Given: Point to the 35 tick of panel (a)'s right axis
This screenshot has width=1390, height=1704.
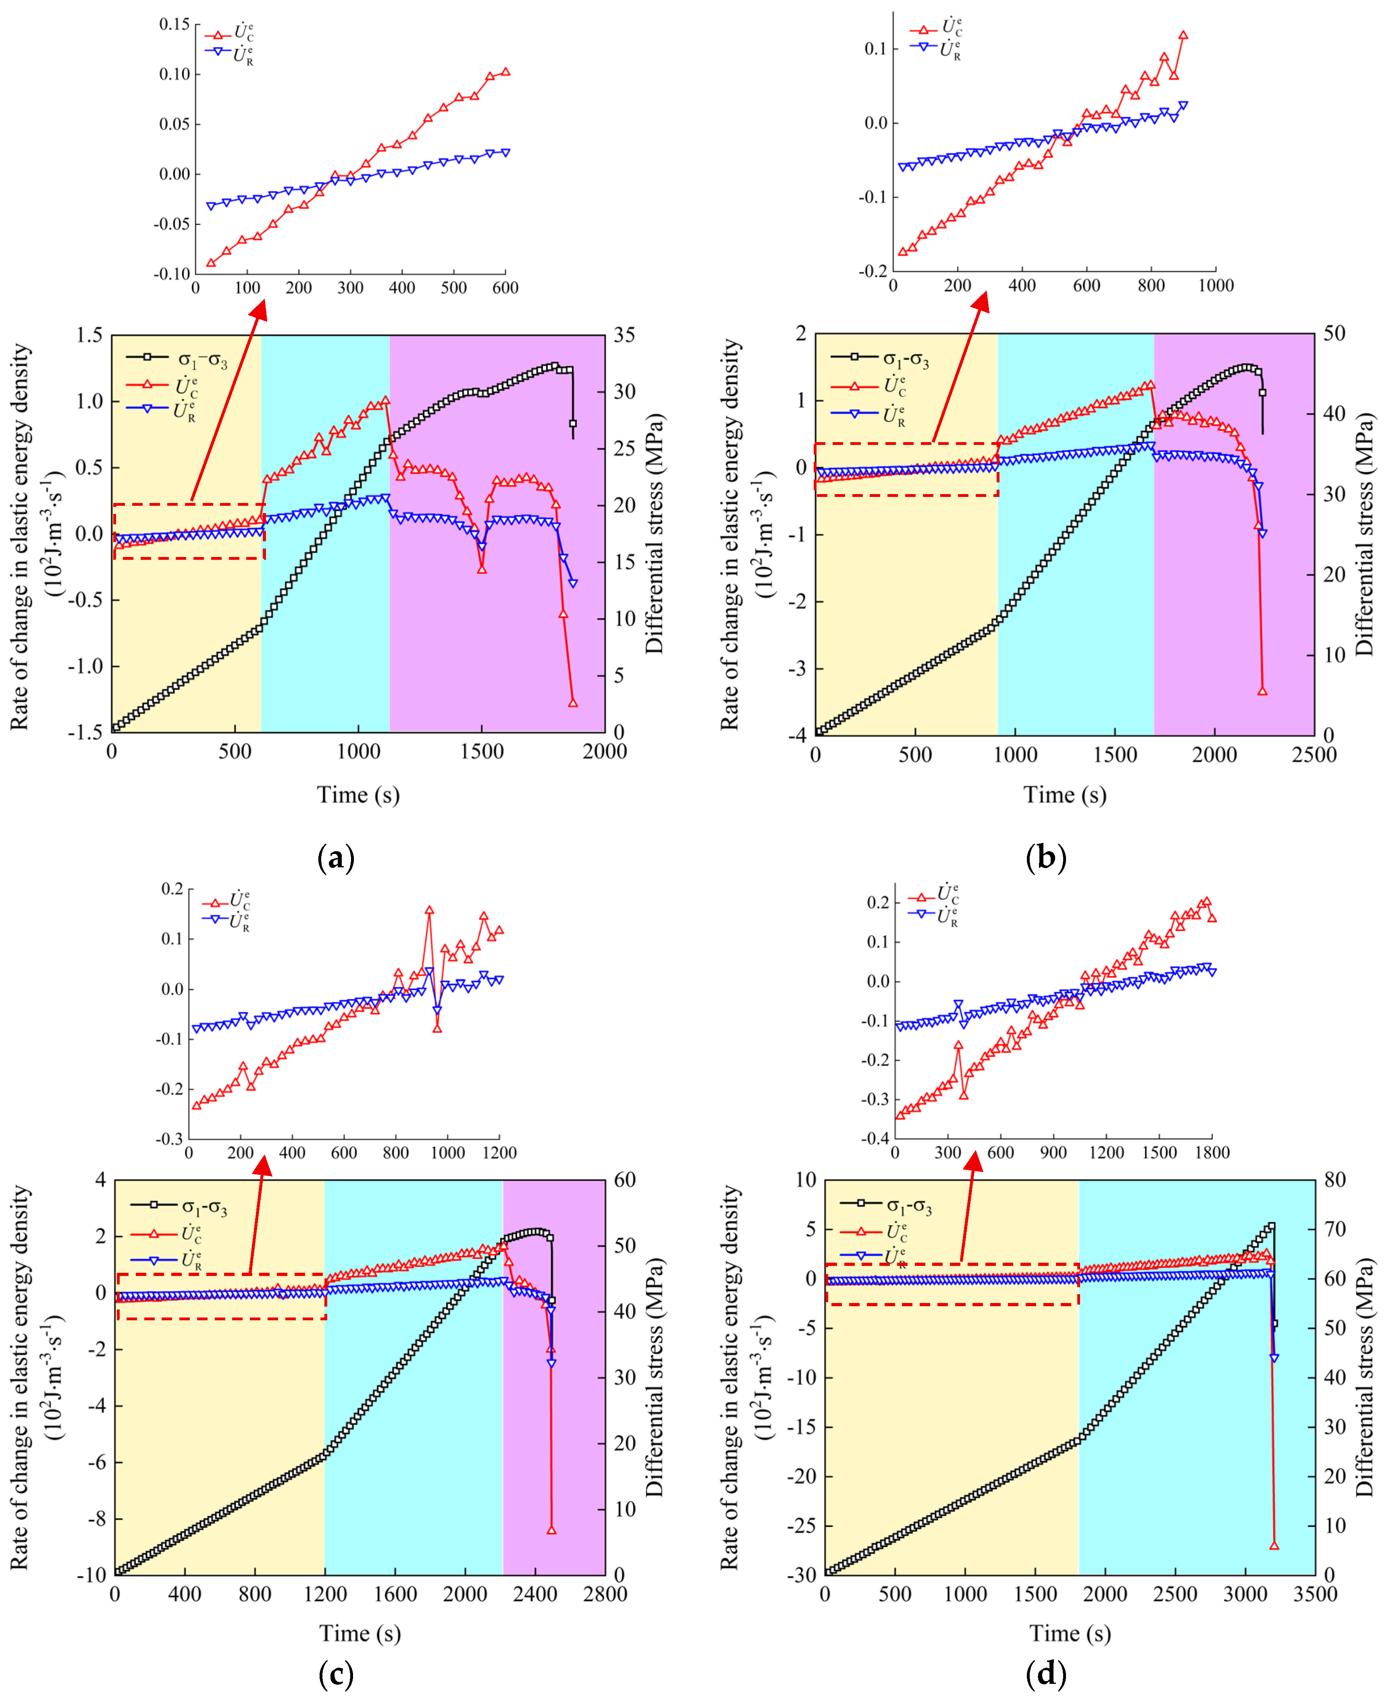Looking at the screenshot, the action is [x=625, y=335].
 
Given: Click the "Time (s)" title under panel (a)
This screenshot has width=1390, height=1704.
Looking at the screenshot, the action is [x=358, y=795].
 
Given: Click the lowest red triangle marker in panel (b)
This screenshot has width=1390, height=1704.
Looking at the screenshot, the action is [x=1263, y=690].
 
